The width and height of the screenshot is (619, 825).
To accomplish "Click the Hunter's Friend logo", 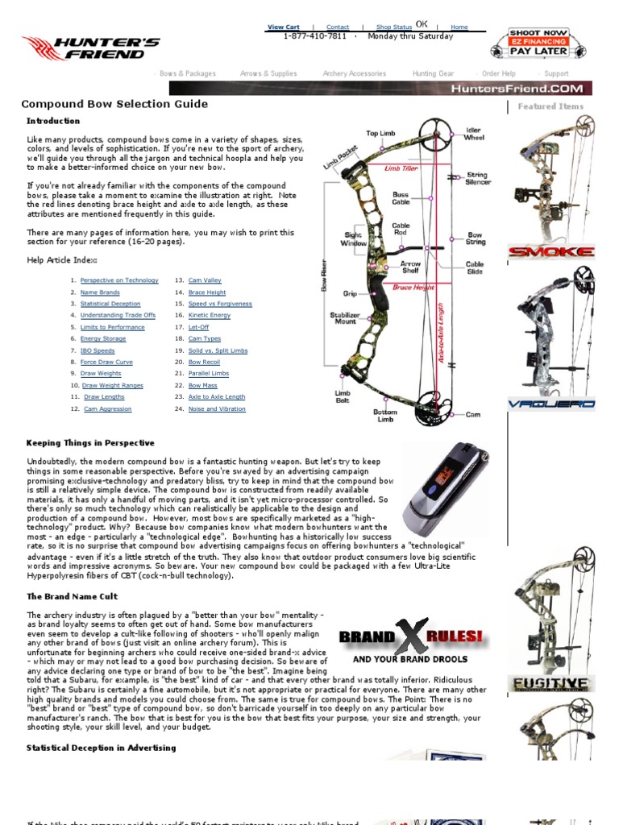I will [x=90, y=48].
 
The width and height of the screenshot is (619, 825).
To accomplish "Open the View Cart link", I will [x=283, y=27].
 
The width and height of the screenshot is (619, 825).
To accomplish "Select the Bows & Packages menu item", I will [x=187, y=74].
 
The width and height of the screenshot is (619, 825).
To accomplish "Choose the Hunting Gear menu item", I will [x=433, y=74].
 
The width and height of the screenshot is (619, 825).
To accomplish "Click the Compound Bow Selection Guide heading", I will [x=114, y=104].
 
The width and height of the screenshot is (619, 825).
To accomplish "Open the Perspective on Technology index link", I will [x=119, y=280].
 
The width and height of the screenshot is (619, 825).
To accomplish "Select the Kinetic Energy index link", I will [x=209, y=316].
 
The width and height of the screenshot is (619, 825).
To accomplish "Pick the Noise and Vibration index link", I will [x=217, y=409].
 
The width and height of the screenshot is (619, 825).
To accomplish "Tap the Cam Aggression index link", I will [x=107, y=409].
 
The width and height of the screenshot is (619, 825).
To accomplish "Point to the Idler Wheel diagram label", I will [x=474, y=133].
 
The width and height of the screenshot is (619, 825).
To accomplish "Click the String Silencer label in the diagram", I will [x=477, y=178].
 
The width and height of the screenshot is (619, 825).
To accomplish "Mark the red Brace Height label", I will [x=413, y=288].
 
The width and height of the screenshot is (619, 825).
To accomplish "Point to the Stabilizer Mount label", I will [x=345, y=318].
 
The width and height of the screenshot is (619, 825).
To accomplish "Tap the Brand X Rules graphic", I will [x=411, y=643].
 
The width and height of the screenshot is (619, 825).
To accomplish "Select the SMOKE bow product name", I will [x=550, y=252].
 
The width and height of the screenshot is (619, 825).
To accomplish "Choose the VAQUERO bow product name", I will [x=550, y=404].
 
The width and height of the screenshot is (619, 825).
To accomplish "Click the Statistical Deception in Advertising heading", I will [x=101, y=748].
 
